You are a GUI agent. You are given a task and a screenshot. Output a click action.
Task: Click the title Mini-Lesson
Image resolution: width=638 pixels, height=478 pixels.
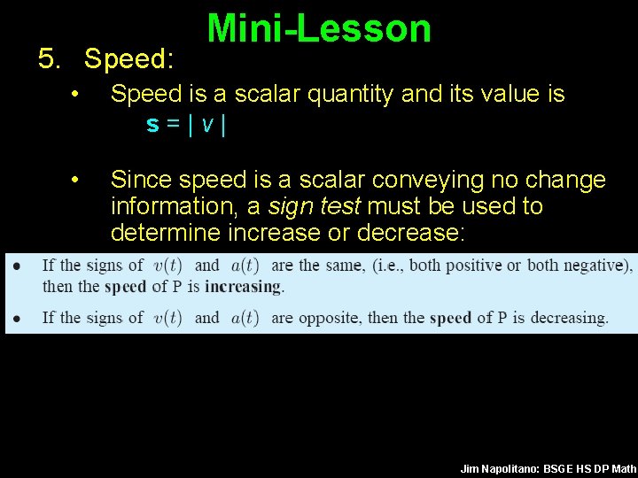[x=319, y=28]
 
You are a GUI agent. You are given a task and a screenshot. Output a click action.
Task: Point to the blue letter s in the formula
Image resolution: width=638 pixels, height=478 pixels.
[x=152, y=125]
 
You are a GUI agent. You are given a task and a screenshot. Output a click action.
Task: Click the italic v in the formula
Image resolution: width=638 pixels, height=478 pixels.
[x=206, y=125]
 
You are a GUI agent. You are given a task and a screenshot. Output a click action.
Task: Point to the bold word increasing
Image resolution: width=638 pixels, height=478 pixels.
[x=243, y=286]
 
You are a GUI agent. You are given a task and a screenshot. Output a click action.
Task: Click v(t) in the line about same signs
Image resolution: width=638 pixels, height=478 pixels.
[x=167, y=266]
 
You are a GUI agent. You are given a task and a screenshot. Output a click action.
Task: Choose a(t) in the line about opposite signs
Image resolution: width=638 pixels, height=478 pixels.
[x=245, y=318]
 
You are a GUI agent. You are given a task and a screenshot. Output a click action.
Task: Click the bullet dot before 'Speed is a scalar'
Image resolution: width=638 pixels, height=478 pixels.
[x=78, y=94]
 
